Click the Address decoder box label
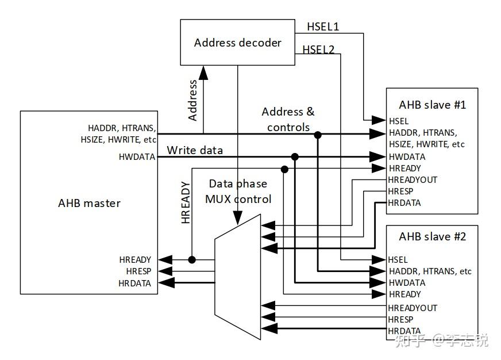coord(237,43)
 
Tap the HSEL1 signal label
coord(322,27)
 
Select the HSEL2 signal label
coord(318,49)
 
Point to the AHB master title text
coord(89,203)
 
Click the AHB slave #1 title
coord(432,105)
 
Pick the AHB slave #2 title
coord(432,236)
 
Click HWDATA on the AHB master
coord(137,156)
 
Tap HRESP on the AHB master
coord(138,271)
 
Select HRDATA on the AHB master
coord(135,283)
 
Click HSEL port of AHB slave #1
coord(398,121)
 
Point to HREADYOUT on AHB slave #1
coord(413,180)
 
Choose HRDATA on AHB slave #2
coord(404,331)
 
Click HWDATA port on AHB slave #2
coord(407,283)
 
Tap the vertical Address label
coord(192,100)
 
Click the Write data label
coord(195,151)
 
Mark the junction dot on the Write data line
coord(295,156)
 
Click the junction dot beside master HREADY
coord(192,260)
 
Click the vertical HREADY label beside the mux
coord(186,202)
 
